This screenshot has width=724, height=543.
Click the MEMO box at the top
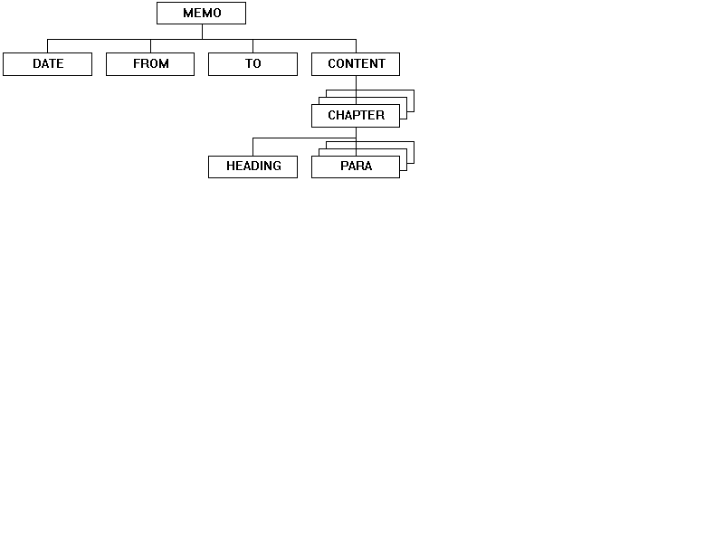(201, 13)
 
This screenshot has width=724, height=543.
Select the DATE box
(48, 64)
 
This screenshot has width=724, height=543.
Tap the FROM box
(150, 64)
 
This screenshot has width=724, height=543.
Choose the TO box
(253, 64)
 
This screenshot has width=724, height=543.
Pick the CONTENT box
(356, 64)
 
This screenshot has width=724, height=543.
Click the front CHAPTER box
(356, 116)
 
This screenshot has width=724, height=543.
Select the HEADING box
(253, 167)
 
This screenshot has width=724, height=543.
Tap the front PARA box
(356, 167)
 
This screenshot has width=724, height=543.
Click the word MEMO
(202, 13)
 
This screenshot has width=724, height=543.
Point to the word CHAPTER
(356, 115)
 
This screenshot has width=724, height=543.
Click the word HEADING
(253, 166)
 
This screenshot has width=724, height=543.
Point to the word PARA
(356, 166)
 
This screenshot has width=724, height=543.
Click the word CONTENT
(357, 63)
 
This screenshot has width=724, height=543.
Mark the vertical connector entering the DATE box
(48, 46)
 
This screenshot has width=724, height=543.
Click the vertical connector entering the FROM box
(150, 46)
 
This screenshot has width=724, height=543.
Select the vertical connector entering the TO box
(253, 46)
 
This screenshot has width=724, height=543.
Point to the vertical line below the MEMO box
(202, 32)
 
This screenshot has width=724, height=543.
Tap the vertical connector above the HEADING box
(253, 147)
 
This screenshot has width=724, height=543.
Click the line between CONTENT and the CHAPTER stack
(356, 90)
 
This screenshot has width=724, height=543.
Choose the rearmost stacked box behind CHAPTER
(414, 100)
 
